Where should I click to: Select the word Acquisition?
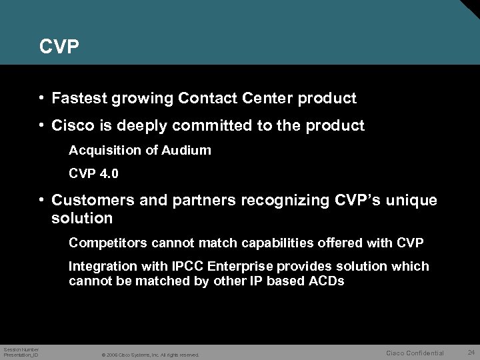102,151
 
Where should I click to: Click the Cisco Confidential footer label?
415,352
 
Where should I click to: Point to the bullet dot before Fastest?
41,99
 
